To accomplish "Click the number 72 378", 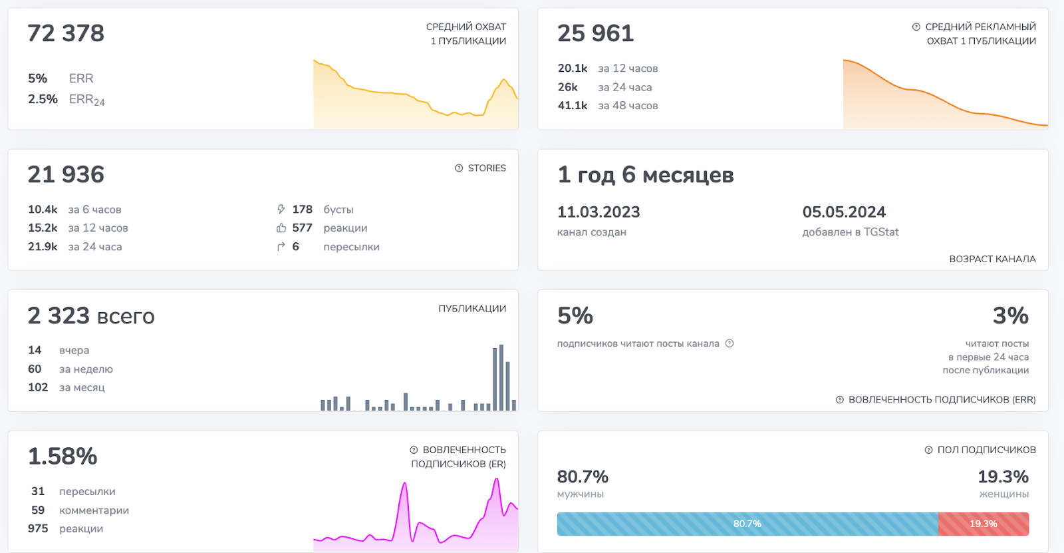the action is coord(66,33).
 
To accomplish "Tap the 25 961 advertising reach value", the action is coord(596,33).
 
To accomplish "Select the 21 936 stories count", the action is coord(66,174).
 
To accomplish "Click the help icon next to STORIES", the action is coord(459,168).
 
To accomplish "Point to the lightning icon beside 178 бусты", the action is coord(281,209).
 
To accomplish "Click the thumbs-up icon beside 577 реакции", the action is coord(281,228).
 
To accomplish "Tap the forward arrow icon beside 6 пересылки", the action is coord(281,246).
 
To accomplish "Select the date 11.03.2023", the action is coord(598,212).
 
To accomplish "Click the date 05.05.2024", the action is coord(844,212).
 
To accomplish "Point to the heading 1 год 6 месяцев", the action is coord(646,175).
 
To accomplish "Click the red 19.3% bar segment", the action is coord(984,524).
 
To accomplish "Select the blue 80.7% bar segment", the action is coord(747,524).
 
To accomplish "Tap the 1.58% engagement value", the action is coord(63,457).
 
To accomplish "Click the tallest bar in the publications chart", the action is coord(501,377).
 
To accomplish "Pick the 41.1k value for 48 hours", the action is coord(573,106).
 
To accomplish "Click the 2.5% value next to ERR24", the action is coord(43,99).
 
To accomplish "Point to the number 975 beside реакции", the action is coord(38,528).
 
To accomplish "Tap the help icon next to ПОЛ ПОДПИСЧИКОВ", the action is coord(928,450).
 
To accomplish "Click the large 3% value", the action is coord(1011,315).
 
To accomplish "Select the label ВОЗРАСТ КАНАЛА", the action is coord(993,259).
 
